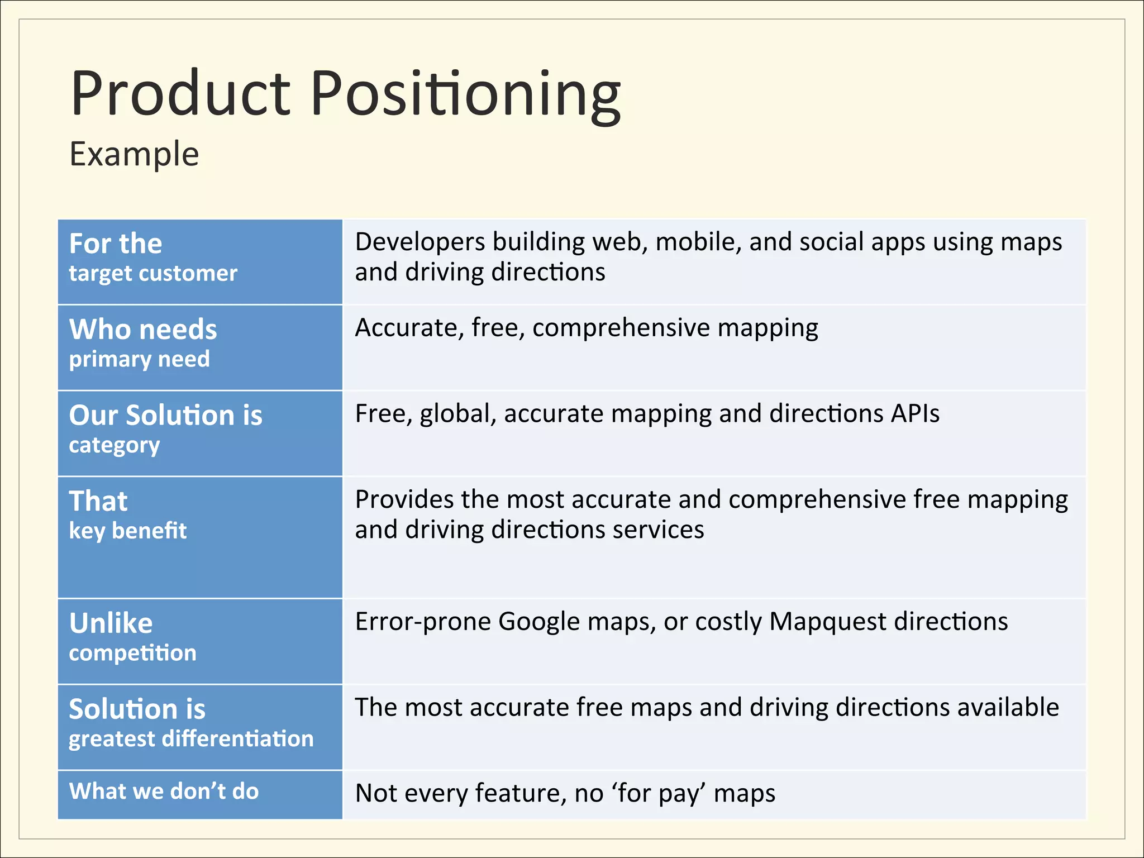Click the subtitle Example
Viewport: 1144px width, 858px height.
[134, 154]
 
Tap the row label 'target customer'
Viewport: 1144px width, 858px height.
[153, 274]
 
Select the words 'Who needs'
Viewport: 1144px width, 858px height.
[143, 329]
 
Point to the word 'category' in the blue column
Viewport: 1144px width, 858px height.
[115, 446]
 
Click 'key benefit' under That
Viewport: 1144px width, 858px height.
[127, 531]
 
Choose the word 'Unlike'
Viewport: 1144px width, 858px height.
[111, 623]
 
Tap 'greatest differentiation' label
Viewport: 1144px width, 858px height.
[191, 739]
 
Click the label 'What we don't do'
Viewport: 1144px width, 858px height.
[164, 792]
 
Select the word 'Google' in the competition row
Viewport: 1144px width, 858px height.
[539, 622]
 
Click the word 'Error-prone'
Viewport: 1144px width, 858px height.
[423, 622]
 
